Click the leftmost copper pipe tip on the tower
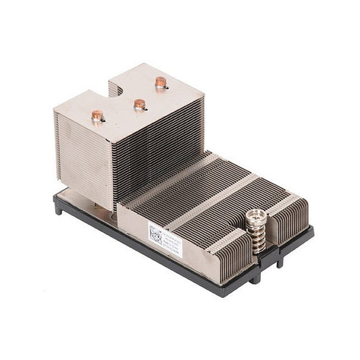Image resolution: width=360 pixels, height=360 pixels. [97, 115]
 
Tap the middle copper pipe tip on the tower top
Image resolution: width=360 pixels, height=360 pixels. [139, 104]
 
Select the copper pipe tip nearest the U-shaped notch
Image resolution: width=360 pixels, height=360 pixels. [160, 82]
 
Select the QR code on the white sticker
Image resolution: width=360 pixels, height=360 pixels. [156, 236]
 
